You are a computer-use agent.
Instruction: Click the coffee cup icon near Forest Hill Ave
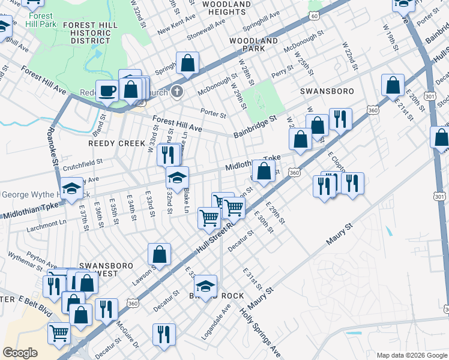click(107, 91)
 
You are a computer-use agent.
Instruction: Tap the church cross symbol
click(176, 92)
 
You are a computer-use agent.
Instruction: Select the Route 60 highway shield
click(315, 16)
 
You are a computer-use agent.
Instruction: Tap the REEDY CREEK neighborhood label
click(116, 143)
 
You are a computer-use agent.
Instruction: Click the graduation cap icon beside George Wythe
click(72, 188)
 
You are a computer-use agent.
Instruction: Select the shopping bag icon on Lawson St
click(160, 254)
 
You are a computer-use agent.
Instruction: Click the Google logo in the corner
click(20, 353)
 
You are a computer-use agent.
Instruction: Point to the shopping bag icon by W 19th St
click(393, 85)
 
